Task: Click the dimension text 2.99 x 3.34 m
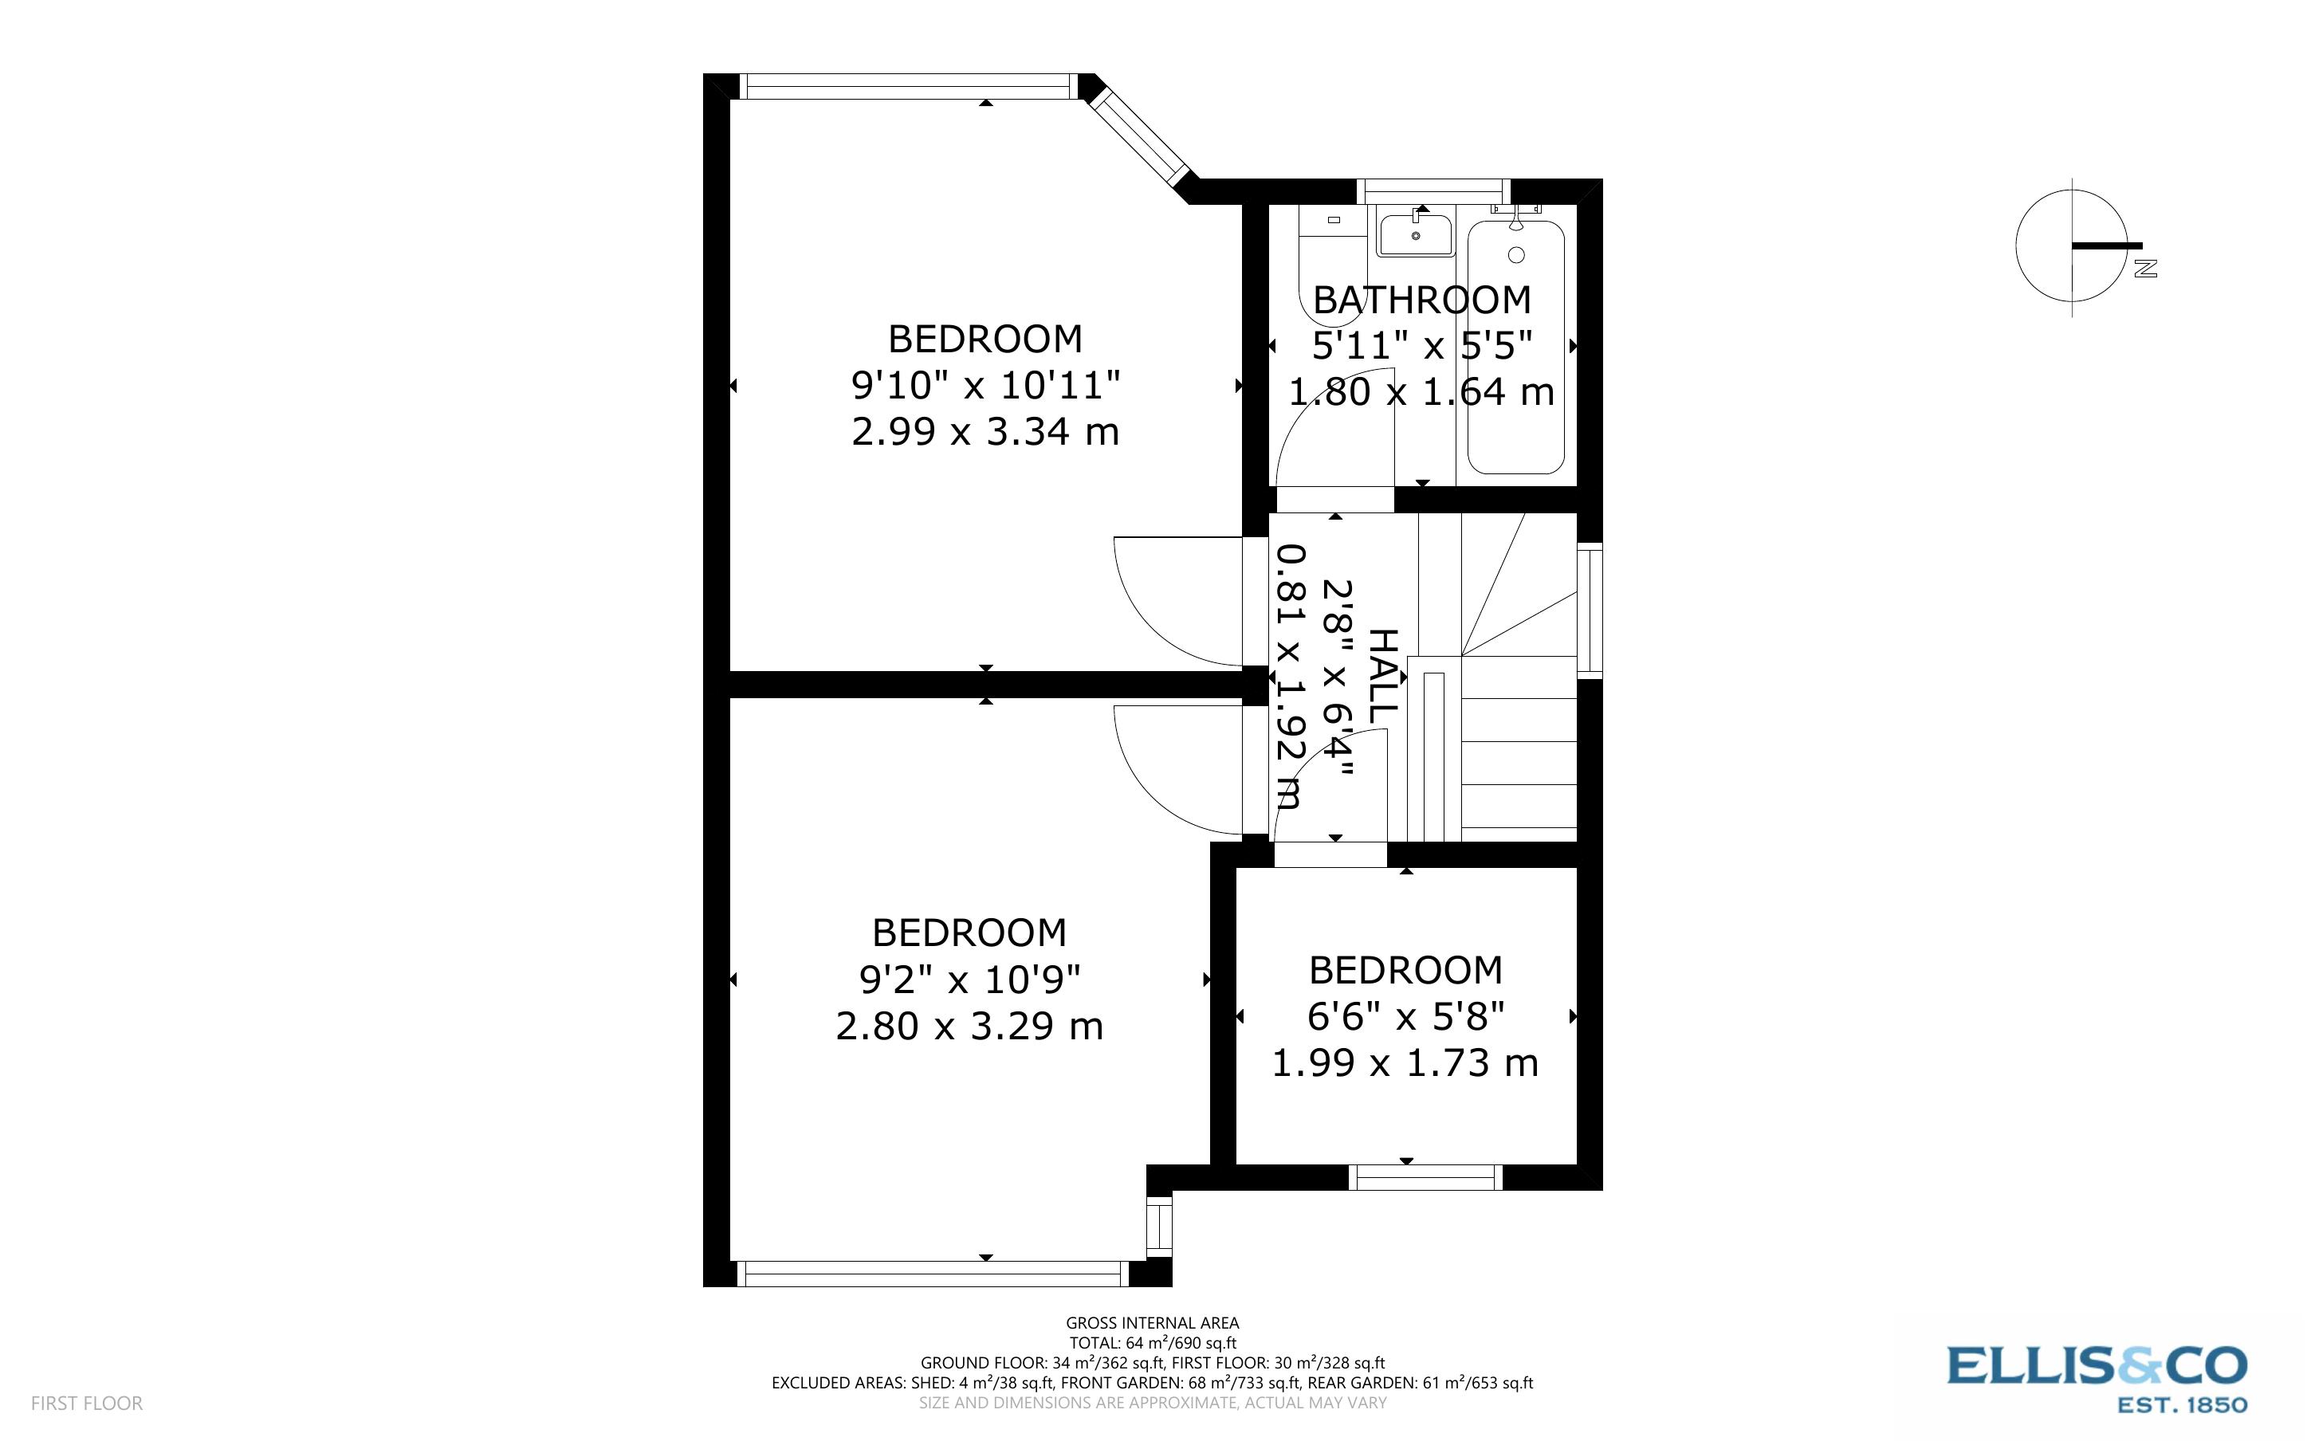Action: [985, 432]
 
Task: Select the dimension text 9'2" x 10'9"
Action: [969, 979]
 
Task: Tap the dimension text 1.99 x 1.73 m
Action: [1405, 1062]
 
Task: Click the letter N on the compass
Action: [2146, 269]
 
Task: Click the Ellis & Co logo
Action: [2097, 1367]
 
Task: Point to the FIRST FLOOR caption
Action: [87, 1403]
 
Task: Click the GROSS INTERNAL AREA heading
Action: [1152, 1323]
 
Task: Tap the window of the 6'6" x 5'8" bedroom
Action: [1425, 1178]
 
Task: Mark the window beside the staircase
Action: [1590, 610]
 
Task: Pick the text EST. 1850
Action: [2181, 1405]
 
